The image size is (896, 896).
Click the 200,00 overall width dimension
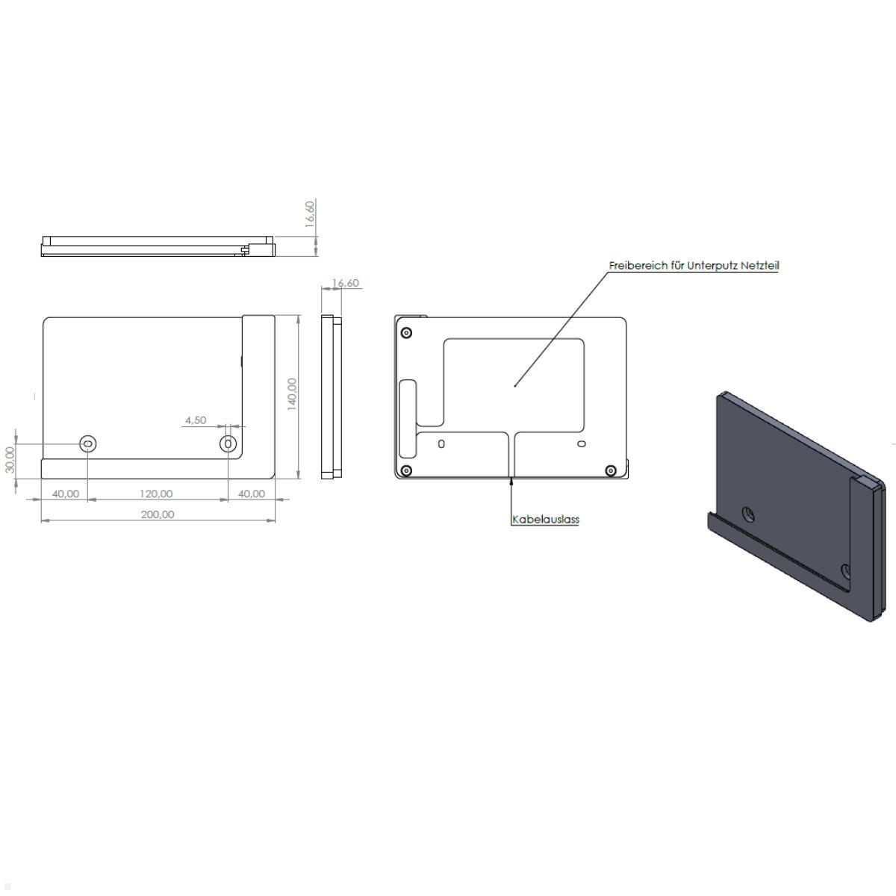157,514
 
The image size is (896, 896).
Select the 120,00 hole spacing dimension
156,494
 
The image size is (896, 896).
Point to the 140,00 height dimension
292,394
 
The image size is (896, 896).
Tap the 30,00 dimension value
10,459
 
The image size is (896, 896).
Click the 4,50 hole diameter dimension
196,420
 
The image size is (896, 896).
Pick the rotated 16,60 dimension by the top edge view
310,214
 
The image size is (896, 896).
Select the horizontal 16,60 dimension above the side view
346,283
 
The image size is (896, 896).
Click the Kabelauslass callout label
546,520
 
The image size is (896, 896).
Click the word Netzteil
760,266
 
